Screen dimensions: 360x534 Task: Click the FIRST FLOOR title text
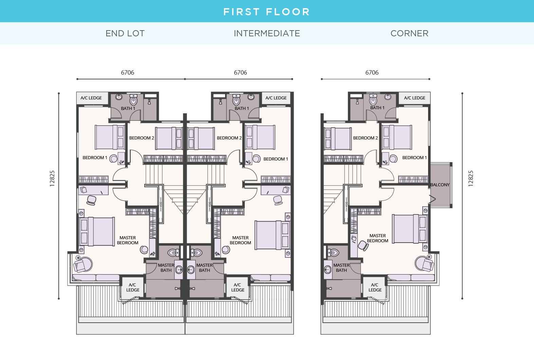click(266, 12)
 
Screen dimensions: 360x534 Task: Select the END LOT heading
click(125, 33)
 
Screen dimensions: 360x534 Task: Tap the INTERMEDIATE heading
click(267, 33)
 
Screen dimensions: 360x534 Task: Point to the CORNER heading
click(409, 33)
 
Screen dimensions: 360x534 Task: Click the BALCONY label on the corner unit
click(440, 185)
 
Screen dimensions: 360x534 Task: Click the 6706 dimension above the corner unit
click(372, 73)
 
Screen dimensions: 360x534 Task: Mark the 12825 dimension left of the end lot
click(52, 178)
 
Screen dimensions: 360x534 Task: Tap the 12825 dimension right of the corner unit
click(471, 178)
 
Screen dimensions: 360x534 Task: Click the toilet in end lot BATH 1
click(133, 100)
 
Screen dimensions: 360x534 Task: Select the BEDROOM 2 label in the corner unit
click(365, 138)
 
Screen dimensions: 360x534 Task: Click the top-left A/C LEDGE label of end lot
click(91, 98)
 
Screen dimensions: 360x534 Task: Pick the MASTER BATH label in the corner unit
click(341, 268)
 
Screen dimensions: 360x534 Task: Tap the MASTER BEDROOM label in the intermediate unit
click(240, 240)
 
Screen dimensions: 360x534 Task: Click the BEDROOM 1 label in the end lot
click(95, 158)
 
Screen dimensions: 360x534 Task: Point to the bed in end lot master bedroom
click(97, 231)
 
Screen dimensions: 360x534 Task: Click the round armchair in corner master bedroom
click(424, 264)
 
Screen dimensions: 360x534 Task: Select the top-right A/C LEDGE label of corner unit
click(415, 98)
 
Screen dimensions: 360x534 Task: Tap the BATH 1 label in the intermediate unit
click(242, 109)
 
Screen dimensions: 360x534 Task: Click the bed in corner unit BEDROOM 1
click(397, 137)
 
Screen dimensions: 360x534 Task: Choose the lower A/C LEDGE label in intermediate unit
click(238, 287)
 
